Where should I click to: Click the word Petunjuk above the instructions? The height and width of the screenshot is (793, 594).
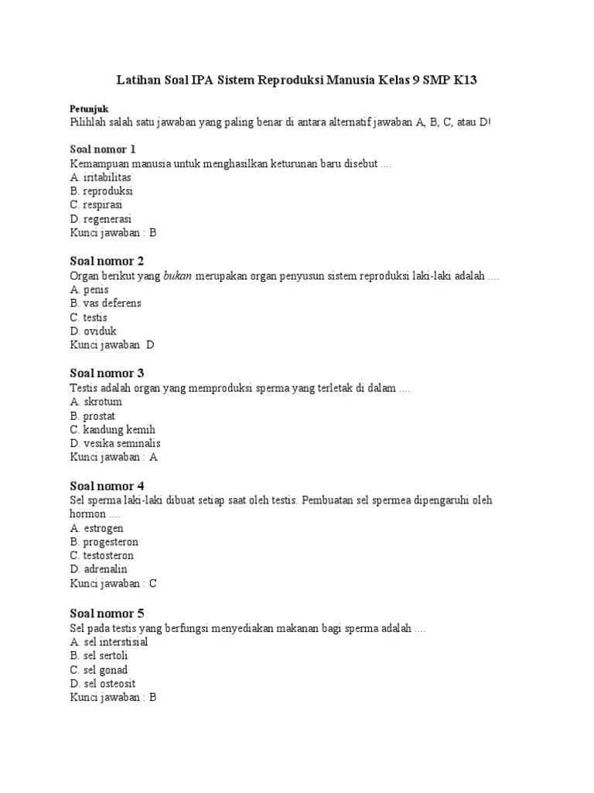(x=90, y=110)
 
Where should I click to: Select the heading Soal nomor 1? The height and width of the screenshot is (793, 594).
(x=103, y=149)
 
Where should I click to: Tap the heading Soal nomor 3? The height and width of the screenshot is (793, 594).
(x=107, y=373)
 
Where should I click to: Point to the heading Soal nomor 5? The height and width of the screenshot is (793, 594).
(x=107, y=613)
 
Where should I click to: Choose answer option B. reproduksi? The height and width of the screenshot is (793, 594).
(x=101, y=191)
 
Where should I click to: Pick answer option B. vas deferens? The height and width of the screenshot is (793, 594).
(x=105, y=303)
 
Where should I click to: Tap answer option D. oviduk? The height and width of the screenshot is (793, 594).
(x=93, y=331)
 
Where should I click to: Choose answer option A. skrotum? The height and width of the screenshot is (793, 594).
(x=96, y=402)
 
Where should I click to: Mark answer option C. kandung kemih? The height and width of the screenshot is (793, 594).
(x=112, y=430)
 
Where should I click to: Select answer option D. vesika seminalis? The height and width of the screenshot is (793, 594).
(x=115, y=444)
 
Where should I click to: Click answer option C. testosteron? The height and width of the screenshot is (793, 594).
(x=101, y=555)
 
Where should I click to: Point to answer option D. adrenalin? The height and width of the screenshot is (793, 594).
(x=98, y=569)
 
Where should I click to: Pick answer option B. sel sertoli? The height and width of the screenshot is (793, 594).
(x=98, y=656)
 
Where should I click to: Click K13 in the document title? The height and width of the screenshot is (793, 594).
(x=471, y=80)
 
